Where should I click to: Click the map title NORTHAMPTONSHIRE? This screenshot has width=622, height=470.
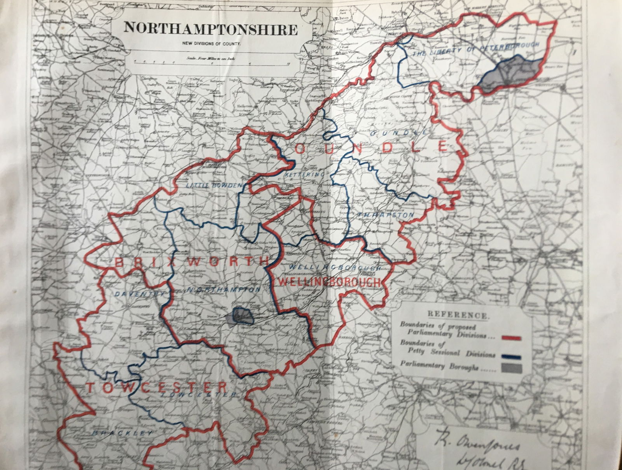click(x=210, y=29)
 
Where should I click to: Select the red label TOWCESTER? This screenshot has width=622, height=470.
click(x=155, y=387)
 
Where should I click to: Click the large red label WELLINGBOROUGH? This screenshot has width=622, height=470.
click(x=327, y=282)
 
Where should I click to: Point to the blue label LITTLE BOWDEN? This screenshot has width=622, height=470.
click(x=214, y=186)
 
